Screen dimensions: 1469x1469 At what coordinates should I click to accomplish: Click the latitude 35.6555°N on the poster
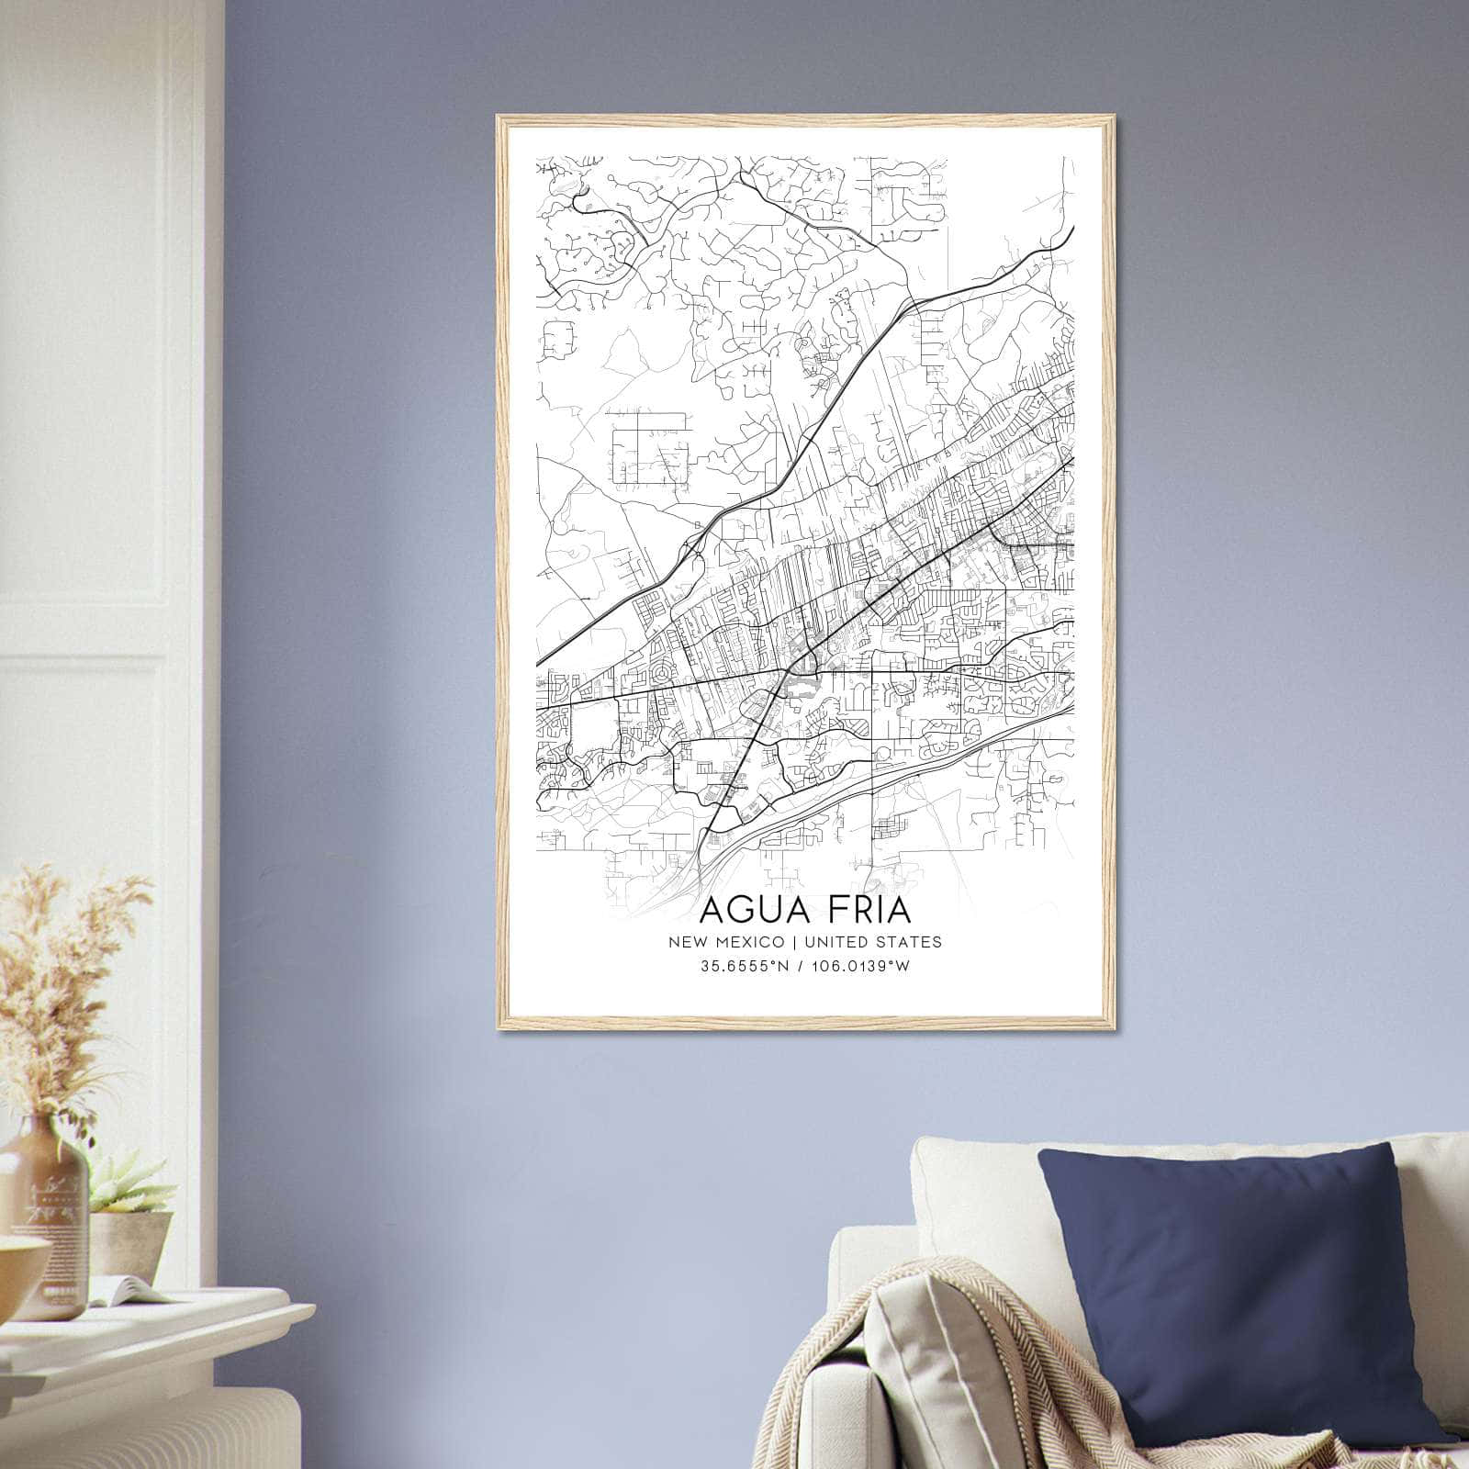(x=743, y=966)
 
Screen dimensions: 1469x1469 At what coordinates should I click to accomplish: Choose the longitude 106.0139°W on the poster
(x=859, y=966)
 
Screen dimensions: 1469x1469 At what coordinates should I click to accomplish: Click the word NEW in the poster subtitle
(x=688, y=942)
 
